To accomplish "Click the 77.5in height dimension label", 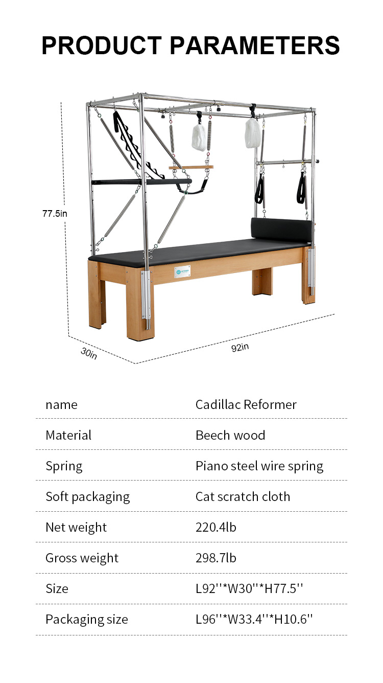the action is coord(55,214).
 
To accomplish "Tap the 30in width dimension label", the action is coord(89,353).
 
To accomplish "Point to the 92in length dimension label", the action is coord(240,347).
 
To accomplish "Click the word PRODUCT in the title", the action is coord(102,45).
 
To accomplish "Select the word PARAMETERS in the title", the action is coord(255,45).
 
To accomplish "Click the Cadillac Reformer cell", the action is coord(246,404).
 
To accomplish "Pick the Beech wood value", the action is coord(230,435).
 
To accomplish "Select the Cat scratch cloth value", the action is coord(243,497).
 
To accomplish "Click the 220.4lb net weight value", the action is coord(216,527).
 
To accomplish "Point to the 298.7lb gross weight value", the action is coord(216,558).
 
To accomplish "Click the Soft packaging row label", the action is coord(88,497).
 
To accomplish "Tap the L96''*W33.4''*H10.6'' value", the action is coord(254,619).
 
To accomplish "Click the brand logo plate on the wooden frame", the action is coord(182,271).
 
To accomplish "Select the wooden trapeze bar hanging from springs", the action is coord(191,167).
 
